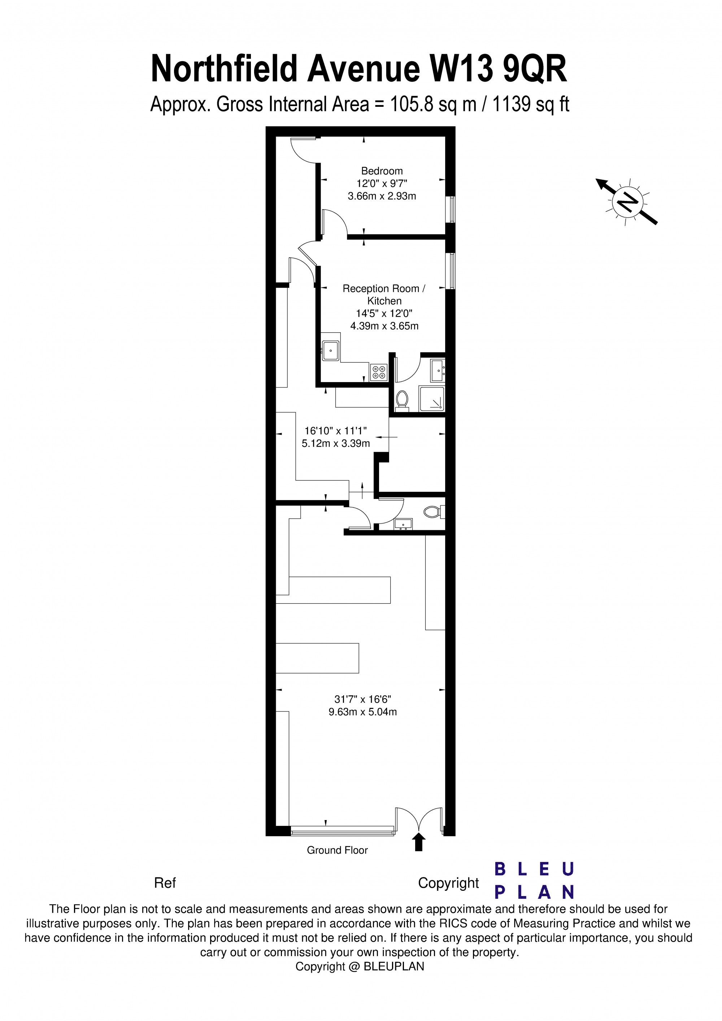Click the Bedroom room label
(382, 171)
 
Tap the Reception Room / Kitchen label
(384, 294)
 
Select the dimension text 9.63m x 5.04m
(362, 711)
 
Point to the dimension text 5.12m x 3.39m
(335, 443)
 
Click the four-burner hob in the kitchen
(379, 372)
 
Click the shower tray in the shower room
(431, 398)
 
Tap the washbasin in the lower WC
(403, 524)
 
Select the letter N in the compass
(628, 202)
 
